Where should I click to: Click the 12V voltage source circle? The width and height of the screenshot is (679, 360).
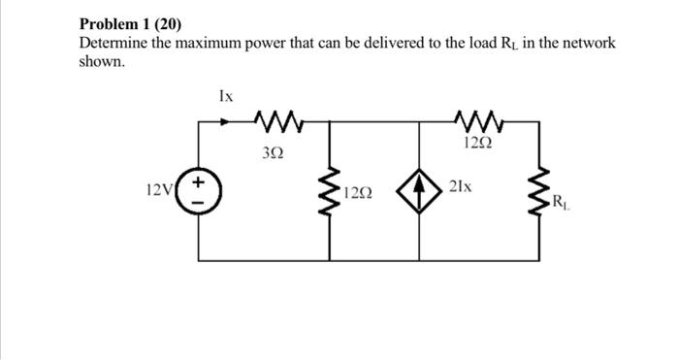[x=199, y=190]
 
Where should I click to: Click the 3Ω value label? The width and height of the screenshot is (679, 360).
[x=274, y=152]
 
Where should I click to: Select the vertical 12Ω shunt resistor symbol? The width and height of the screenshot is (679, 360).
[x=330, y=190]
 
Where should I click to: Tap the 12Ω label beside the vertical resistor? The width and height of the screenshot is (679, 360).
[x=358, y=193]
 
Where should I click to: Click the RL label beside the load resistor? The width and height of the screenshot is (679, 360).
[x=562, y=203]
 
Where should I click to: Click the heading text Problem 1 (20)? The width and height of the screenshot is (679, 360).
[x=130, y=23]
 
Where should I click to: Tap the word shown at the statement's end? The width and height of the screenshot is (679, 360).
[x=101, y=61]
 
